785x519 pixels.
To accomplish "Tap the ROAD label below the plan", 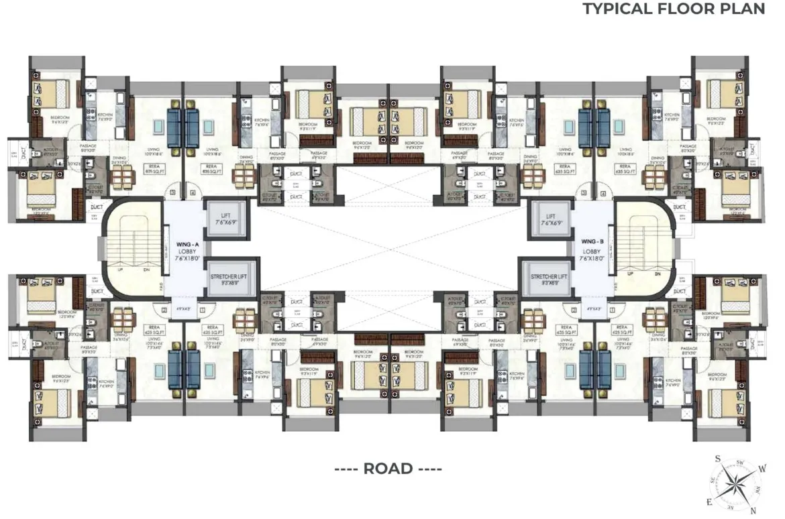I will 388,469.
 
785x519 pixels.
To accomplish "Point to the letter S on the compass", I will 717,459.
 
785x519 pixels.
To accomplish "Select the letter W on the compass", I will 762,469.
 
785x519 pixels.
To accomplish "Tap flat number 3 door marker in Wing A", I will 172,194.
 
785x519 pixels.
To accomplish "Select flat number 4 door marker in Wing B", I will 604,194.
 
